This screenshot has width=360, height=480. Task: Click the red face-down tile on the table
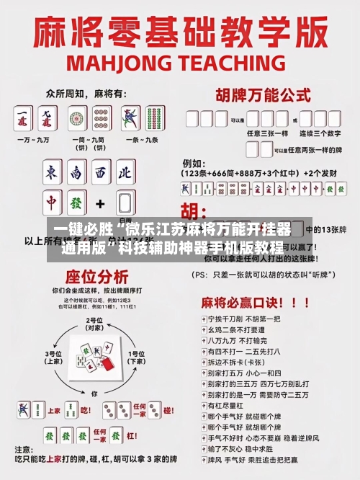[x=107, y=365]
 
